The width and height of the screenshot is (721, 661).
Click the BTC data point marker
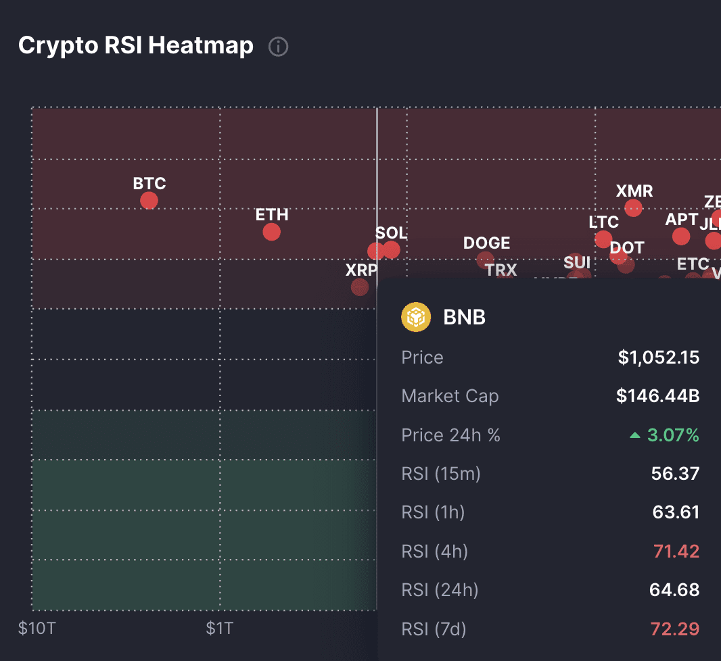coord(149,201)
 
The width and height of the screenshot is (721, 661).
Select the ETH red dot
coord(271,232)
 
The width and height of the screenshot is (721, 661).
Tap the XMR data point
coord(633,207)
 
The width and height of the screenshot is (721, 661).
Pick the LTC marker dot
coord(603,239)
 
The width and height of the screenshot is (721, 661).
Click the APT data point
coord(681,237)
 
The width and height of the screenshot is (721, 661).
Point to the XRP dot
coord(360,287)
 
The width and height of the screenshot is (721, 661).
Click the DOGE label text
coord(486,243)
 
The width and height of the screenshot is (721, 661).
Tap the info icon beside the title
coord(279,47)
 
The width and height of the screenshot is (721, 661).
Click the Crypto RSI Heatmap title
coord(136,46)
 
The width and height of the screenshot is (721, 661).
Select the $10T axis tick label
coord(37,629)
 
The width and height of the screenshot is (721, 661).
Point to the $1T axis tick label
coord(220,629)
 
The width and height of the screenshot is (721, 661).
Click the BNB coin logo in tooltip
coord(416,317)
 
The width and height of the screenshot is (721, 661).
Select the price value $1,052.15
coord(658,358)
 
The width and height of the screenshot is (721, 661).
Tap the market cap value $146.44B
coord(657,396)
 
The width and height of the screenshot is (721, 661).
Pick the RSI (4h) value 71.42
coord(676,552)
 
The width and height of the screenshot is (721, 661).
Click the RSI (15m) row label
coord(440,474)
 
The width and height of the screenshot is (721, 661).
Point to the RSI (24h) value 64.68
coord(674,590)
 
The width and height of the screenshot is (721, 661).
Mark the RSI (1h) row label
coord(433,513)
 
